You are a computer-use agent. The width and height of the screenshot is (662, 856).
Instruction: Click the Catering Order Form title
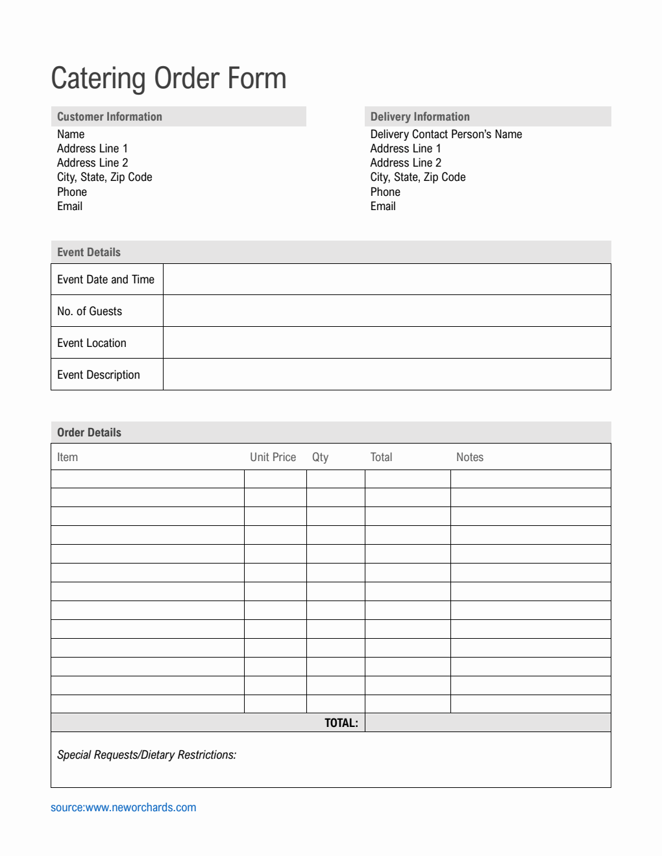169,78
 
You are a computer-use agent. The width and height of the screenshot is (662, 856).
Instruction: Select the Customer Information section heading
110,117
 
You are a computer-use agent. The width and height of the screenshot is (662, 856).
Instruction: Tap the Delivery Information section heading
420,117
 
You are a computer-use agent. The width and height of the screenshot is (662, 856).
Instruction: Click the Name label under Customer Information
71,134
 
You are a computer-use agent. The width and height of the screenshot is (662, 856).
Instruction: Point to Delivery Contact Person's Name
446,134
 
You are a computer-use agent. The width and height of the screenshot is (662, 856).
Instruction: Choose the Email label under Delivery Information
383,206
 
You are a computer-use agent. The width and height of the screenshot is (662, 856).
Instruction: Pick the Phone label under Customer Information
72,192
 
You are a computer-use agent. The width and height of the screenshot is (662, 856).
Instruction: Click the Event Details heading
89,252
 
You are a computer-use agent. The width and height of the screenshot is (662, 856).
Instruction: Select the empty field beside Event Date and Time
386,279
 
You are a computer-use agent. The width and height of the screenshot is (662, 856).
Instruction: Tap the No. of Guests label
90,311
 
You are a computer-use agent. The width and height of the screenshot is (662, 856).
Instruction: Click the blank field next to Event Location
386,343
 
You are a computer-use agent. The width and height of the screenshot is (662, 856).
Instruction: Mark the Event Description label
99,375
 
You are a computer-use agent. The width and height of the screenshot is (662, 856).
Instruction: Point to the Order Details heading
90,433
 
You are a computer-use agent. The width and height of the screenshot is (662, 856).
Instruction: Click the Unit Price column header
273,457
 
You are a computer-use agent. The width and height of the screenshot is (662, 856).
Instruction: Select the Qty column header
321,457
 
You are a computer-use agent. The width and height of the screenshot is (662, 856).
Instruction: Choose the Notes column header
470,457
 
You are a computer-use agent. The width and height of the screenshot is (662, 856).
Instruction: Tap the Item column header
67,457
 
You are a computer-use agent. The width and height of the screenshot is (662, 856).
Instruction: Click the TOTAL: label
341,723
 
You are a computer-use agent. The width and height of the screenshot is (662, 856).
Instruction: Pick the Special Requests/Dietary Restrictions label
147,755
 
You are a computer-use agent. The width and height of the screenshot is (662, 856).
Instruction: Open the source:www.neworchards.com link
123,807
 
